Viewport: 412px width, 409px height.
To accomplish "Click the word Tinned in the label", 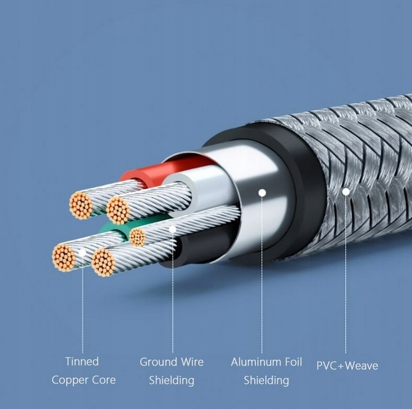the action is [82, 361].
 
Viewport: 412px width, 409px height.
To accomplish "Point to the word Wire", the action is [192, 362].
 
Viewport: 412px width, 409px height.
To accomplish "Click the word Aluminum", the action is [254, 362].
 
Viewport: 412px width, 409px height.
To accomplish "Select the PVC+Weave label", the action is [347, 366].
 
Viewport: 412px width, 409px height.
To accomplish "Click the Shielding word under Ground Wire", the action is [172, 381].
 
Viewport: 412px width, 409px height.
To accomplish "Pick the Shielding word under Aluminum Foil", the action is [266, 381].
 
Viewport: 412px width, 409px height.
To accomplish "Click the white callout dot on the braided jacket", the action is [346, 192].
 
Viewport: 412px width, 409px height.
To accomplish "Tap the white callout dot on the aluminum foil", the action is [262, 192].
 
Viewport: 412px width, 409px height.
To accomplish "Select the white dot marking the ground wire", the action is [173, 229].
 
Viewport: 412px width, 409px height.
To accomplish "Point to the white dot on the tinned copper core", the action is [82, 252].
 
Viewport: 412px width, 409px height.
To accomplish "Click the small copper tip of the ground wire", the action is [138, 238].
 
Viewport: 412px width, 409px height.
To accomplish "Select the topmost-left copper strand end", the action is [81, 205].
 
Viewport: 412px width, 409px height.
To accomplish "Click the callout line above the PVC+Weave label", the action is [346, 276].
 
